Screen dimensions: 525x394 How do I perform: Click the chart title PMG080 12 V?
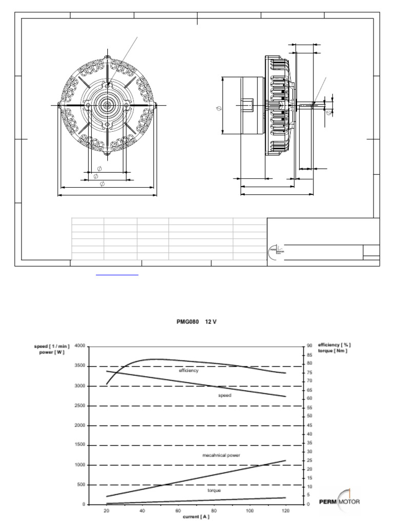tap(198, 322)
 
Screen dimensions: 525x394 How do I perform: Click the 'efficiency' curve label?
tap(189, 370)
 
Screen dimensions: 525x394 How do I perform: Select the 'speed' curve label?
tap(225, 395)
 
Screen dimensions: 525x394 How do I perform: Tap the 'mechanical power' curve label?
tap(221, 455)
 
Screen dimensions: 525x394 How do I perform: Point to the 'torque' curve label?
tap(214, 491)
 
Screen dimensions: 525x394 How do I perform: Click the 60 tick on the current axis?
tap(178, 511)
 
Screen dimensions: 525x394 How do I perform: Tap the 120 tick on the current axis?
tap(285, 511)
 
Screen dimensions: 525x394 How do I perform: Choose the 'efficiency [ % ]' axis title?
tap(334, 345)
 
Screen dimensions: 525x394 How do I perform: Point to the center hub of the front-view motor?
tap(107, 105)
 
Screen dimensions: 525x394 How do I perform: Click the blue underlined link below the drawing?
tap(117, 275)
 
